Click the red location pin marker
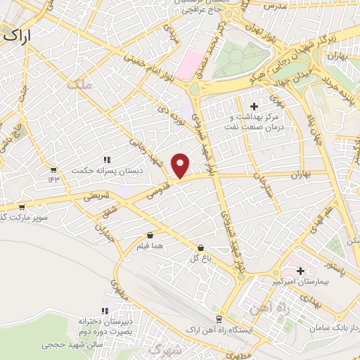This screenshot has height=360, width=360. pos(181,165)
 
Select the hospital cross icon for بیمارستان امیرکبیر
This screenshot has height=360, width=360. pos(301,271)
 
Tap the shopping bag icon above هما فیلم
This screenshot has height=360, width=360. pos(150,236)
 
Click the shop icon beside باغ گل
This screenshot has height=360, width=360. pos(202,247)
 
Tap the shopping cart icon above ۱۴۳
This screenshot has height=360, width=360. pos(53,169)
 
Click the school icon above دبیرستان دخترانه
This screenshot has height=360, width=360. pos(105,310)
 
